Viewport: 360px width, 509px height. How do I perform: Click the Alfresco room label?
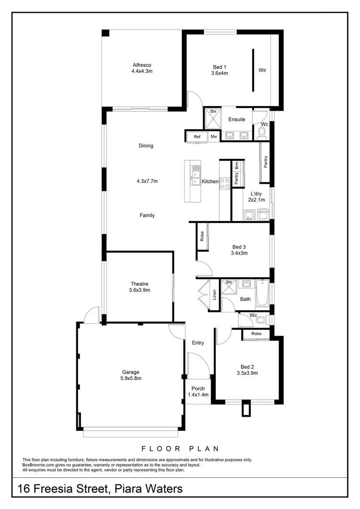click(x=141, y=65)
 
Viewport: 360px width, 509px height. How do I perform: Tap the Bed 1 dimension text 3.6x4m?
click(x=220, y=73)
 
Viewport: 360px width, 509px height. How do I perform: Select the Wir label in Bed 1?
click(x=262, y=70)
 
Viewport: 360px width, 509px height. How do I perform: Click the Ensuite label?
click(x=237, y=119)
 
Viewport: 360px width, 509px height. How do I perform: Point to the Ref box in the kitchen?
click(x=197, y=137)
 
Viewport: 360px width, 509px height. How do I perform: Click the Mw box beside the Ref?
click(x=213, y=137)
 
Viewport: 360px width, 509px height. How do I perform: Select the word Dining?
click(x=146, y=146)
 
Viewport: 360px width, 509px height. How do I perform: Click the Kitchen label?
click(x=210, y=181)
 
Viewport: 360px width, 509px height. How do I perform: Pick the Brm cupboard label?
click(x=237, y=165)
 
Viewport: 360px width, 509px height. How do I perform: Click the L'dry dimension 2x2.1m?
click(x=256, y=200)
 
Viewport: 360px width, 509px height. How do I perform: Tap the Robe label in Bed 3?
click(x=202, y=236)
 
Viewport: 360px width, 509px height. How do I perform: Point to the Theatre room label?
click(x=139, y=284)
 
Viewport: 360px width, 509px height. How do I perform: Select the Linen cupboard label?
click(x=214, y=295)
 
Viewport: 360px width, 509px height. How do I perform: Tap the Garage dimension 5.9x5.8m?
click(x=131, y=378)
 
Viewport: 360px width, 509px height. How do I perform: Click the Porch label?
click(x=198, y=388)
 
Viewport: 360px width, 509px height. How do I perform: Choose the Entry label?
click(x=198, y=343)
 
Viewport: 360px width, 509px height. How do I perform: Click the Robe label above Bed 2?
click(x=256, y=333)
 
